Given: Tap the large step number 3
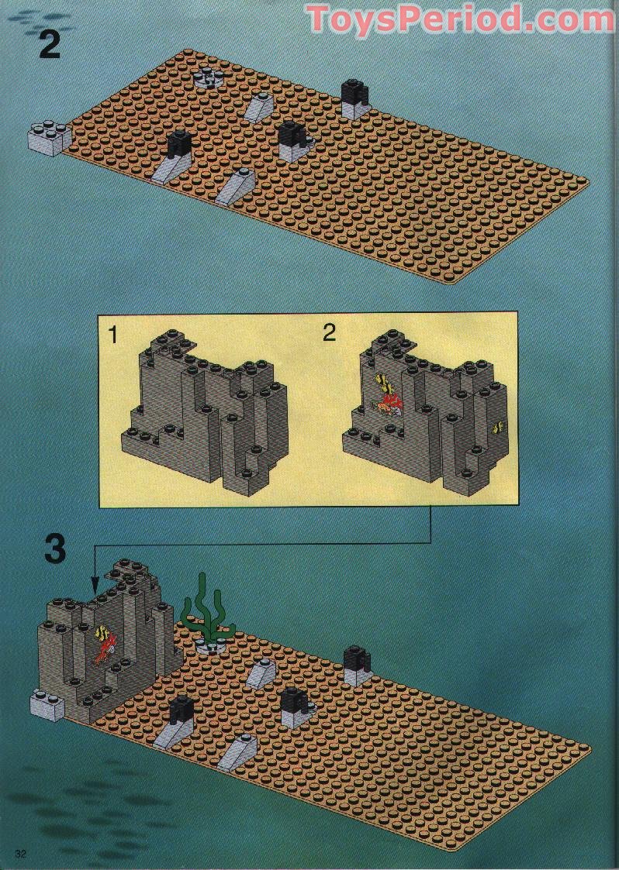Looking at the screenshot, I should pyautogui.click(x=55, y=547).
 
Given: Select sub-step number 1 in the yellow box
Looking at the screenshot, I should pyautogui.click(x=114, y=335).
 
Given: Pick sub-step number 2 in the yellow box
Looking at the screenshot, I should pyautogui.click(x=330, y=333).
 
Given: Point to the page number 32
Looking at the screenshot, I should pyautogui.click(x=21, y=853).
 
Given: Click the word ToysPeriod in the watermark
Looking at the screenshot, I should pyautogui.click(x=408, y=19).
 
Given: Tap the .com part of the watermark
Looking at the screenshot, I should pyautogui.click(x=565, y=19).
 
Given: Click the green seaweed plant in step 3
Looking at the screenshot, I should pyautogui.click(x=204, y=609).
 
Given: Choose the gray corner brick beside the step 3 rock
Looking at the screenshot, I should pyautogui.click(x=47, y=705).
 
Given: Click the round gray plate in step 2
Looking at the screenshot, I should pyautogui.click(x=209, y=76).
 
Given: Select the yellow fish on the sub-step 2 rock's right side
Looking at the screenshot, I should pyautogui.click(x=497, y=425).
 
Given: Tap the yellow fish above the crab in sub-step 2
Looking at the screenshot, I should pyautogui.click(x=383, y=382).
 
